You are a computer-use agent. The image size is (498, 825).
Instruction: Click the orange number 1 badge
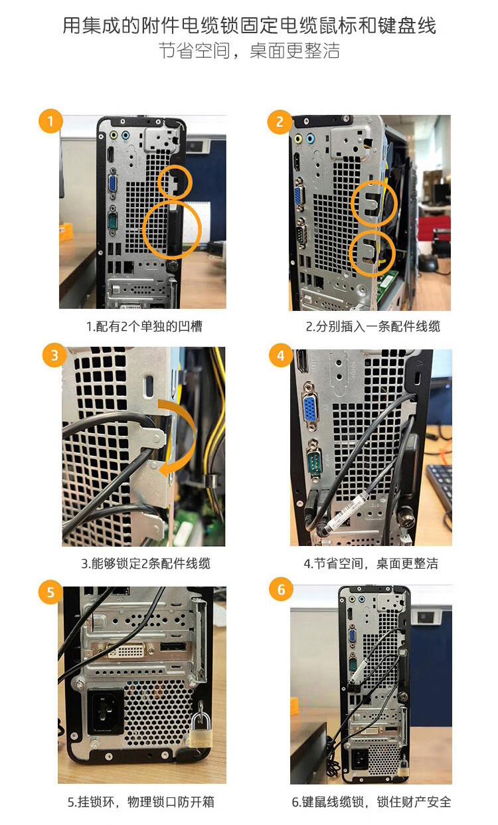click(x=50, y=120)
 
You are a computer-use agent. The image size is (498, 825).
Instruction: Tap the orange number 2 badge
click(x=280, y=122)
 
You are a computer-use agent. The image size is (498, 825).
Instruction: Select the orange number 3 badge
click(x=54, y=355)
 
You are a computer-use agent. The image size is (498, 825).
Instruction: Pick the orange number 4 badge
click(x=280, y=355)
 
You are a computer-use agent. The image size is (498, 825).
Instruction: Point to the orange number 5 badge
click(x=50, y=593)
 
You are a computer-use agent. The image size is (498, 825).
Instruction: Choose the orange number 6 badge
click(x=281, y=589)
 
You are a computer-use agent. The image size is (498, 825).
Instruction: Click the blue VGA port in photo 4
click(x=310, y=407)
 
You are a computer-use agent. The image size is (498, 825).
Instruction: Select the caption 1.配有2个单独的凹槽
click(x=144, y=326)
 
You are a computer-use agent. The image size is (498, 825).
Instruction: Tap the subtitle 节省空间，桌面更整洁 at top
click(x=249, y=50)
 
